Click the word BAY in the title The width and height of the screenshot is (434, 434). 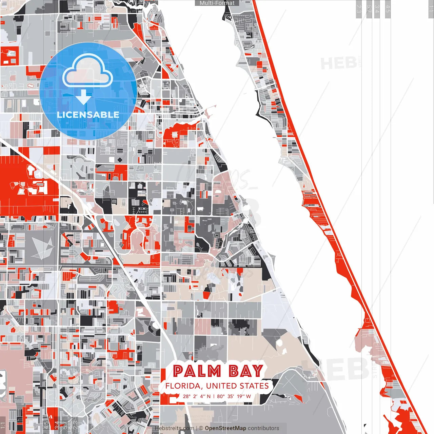[246, 371]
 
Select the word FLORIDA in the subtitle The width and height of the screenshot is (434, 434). [184, 386]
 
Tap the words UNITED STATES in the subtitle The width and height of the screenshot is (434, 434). [237, 386]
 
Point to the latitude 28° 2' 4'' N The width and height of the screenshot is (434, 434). [197, 396]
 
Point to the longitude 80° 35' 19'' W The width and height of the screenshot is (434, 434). [234, 396]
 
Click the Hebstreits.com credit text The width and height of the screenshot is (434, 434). [175, 428]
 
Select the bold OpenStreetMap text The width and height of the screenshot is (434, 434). [225, 428]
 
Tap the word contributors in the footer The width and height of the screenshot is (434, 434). [263, 428]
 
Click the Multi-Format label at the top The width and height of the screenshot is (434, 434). [217, 3]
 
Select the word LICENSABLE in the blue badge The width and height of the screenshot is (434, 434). [88, 115]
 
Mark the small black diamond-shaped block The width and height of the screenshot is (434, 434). [120, 160]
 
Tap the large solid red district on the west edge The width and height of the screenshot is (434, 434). [20, 183]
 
